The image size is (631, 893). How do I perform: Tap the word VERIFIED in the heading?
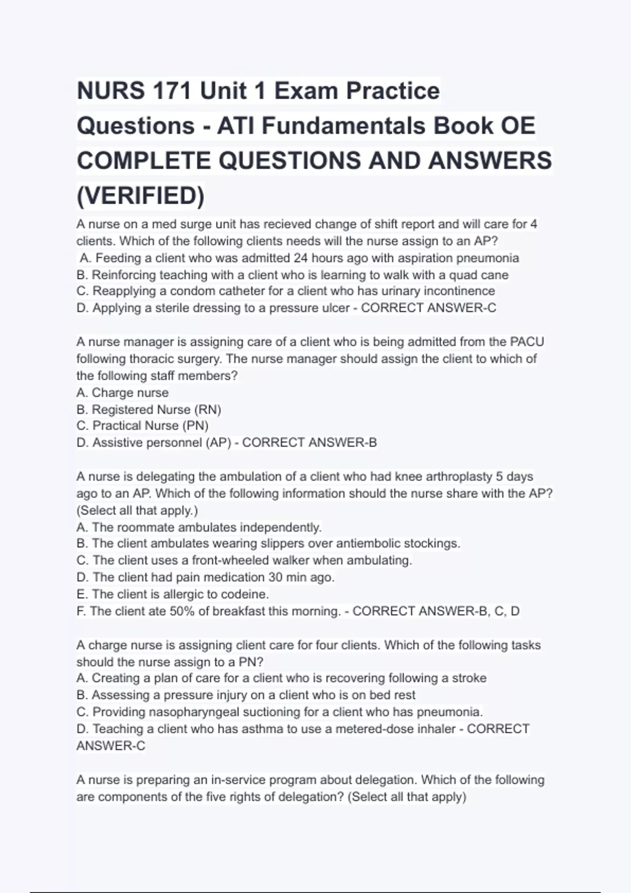click(141, 195)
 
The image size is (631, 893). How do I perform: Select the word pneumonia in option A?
click(487, 258)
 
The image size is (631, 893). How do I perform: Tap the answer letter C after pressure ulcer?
click(492, 308)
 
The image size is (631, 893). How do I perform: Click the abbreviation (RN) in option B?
click(208, 409)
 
